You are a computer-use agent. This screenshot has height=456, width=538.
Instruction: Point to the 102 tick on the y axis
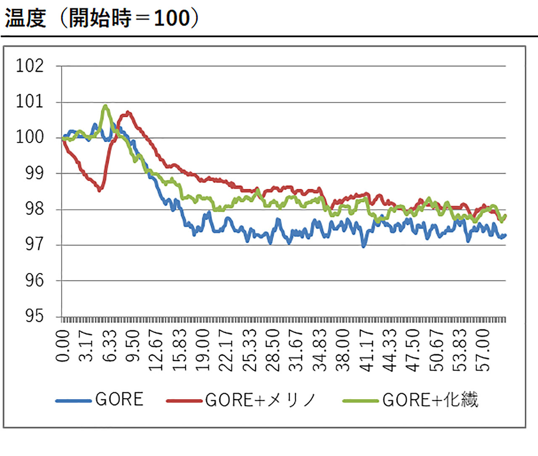tap(29, 66)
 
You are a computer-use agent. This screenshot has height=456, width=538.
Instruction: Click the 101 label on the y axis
tap(29, 102)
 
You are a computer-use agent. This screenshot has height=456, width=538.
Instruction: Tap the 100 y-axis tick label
tap(29, 137)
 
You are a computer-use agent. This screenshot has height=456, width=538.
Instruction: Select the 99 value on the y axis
tap(34, 173)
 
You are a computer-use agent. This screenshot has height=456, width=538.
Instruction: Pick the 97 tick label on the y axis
tap(34, 244)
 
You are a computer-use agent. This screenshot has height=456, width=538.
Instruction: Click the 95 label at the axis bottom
tap(34, 315)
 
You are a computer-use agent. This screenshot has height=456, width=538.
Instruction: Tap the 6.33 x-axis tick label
tap(110, 346)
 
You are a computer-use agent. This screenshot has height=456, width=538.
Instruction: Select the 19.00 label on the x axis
tap(203, 349)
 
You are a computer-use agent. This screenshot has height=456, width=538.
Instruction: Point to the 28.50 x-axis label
tap(273, 349)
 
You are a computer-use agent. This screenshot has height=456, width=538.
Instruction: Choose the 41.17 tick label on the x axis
tap(367, 349)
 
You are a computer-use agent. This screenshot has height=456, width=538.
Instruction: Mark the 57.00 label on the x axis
tap(484, 349)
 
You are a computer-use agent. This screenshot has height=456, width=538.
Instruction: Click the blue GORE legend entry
tap(100, 400)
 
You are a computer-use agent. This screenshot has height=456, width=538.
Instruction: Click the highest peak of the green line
tap(105, 106)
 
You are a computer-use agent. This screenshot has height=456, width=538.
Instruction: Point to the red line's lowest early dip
tap(99, 190)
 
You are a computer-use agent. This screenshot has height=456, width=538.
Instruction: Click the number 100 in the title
tap(172, 19)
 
